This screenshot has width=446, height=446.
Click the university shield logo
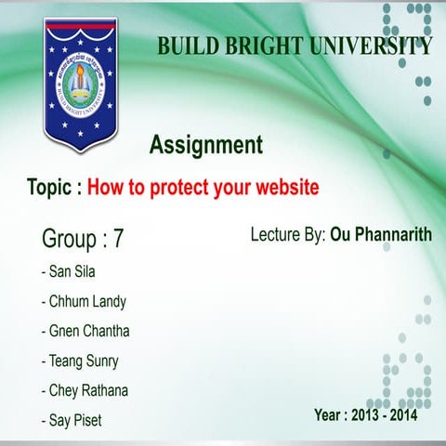point(77,84)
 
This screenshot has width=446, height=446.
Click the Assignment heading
point(206,145)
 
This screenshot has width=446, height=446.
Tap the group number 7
point(118,239)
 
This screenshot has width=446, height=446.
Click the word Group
point(69,239)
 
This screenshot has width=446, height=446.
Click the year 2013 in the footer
point(364,414)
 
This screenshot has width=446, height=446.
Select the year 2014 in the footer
point(402,414)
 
